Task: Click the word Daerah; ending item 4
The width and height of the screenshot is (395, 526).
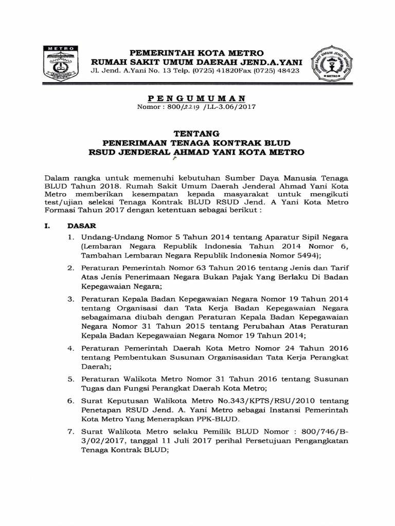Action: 95,367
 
